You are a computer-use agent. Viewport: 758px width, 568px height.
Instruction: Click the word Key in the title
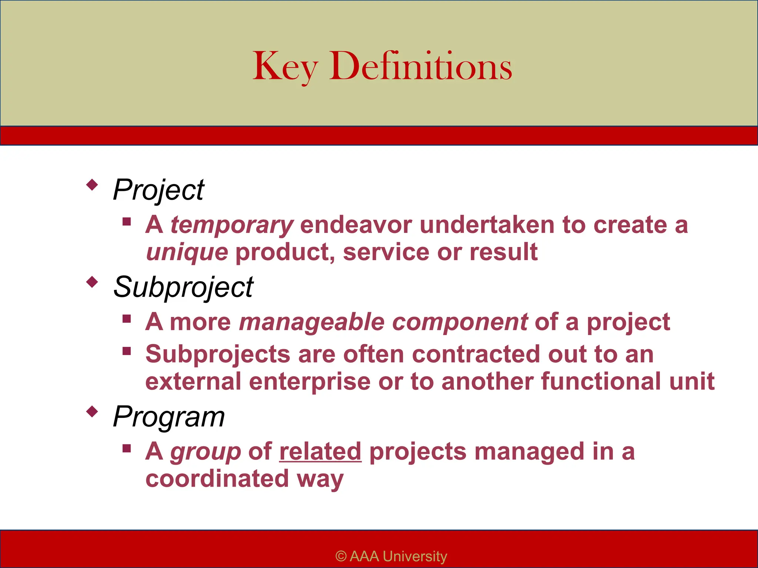[285, 67]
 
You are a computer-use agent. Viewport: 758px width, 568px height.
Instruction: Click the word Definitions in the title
[420, 67]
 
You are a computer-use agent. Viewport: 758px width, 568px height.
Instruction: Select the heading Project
[158, 190]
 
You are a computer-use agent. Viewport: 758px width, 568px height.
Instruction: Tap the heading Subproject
[183, 287]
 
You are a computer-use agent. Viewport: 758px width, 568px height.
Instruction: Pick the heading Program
[169, 417]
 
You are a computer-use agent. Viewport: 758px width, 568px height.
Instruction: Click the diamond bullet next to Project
[92, 184]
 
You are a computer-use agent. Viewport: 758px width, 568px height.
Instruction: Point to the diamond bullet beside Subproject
[92, 282]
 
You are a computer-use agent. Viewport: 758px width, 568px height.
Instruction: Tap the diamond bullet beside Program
[92, 411]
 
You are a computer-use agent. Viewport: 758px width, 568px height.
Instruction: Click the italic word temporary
[232, 225]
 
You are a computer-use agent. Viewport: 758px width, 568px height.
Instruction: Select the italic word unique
[187, 252]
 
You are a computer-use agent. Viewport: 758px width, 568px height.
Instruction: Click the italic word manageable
[312, 322]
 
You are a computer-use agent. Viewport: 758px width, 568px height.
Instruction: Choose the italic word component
[460, 322]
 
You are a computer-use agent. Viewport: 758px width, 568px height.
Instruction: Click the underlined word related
[320, 452]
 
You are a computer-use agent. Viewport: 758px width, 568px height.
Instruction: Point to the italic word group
[205, 452]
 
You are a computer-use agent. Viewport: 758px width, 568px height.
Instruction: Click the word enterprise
[309, 382]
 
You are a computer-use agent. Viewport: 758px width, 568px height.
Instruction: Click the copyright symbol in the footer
[341, 557]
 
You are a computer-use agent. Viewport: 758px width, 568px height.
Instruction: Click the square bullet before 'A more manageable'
[127, 319]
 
